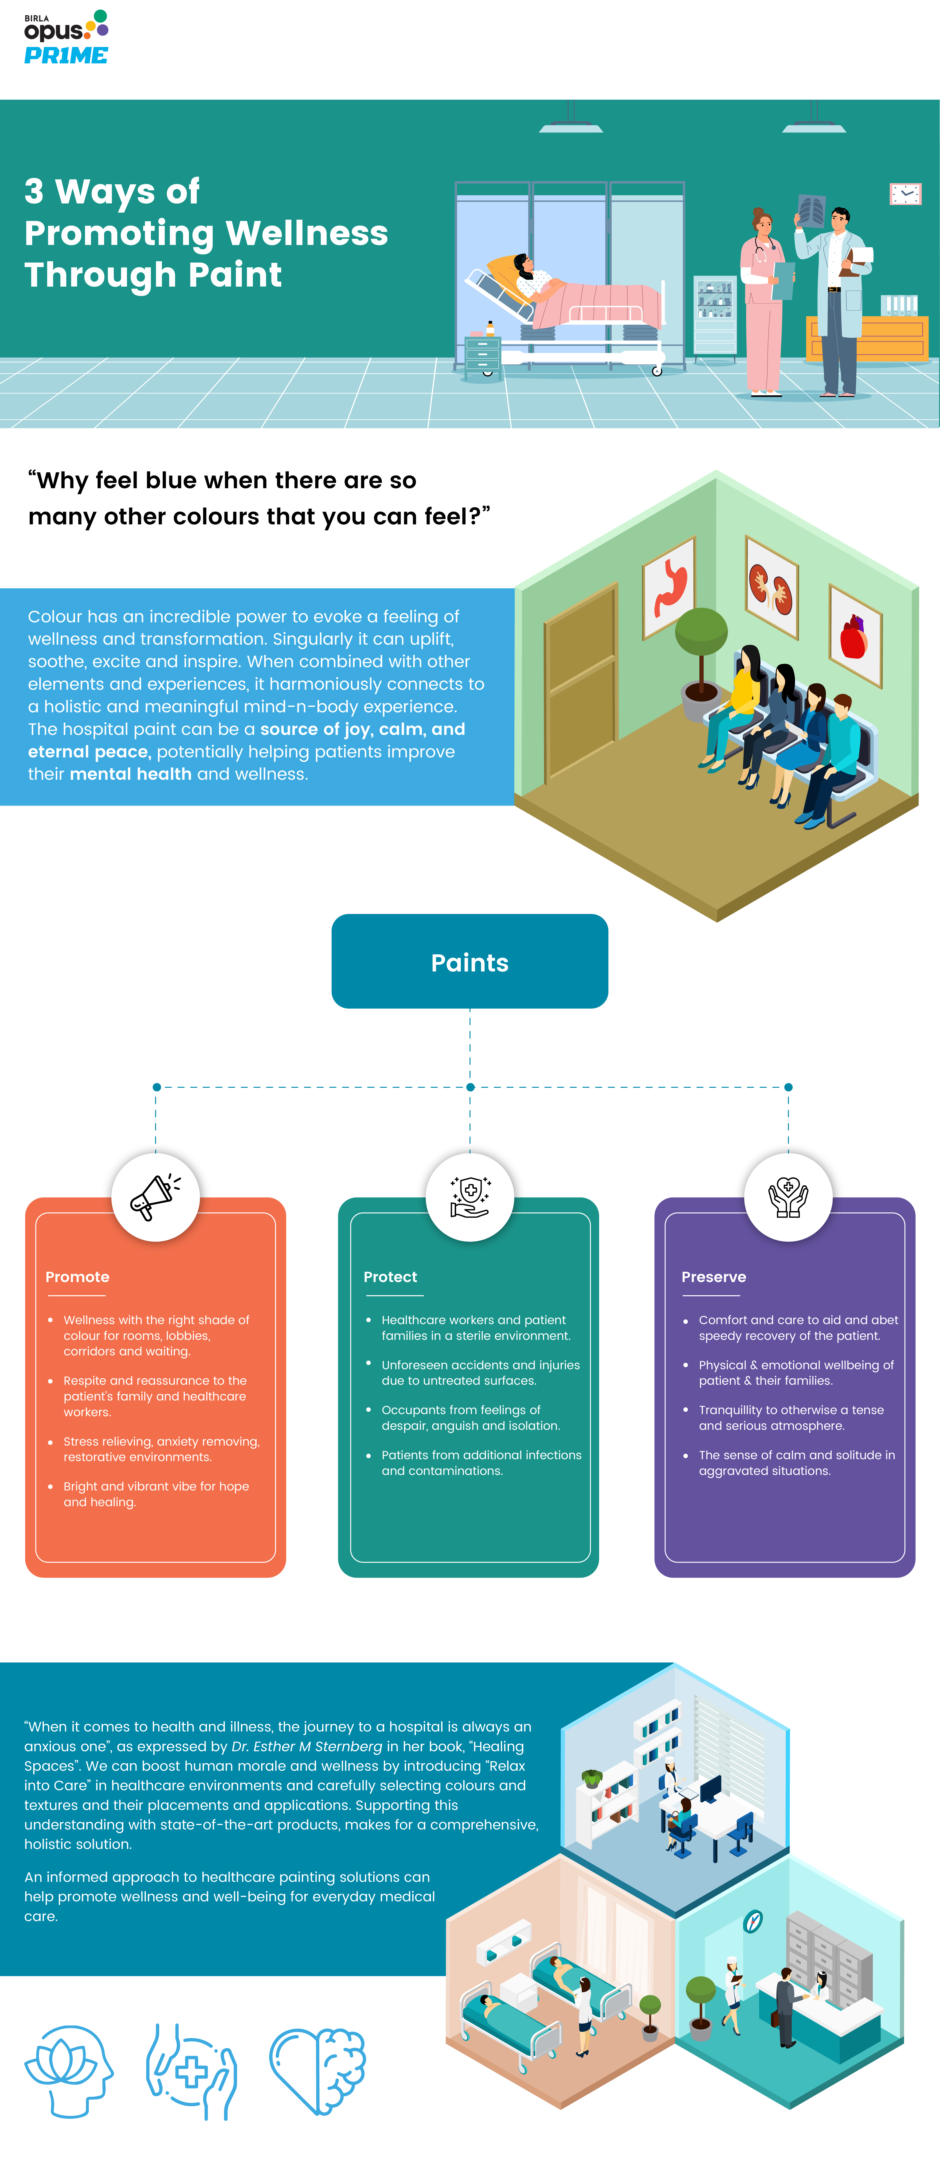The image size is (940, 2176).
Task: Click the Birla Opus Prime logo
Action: pyautogui.click(x=66, y=38)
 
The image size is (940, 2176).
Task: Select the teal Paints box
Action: pyautogui.click(x=470, y=961)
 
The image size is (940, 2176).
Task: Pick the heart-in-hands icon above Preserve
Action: pyautogui.click(x=788, y=1197)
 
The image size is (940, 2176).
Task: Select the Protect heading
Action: pyautogui.click(x=390, y=1277)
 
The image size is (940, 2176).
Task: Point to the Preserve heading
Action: pyautogui.click(x=714, y=1277)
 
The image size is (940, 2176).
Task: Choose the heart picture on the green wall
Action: pyautogui.click(x=855, y=635)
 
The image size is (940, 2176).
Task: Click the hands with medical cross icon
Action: pyautogui.click(x=192, y=2071)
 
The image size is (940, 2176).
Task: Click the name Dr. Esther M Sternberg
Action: pyautogui.click(x=307, y=1746)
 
